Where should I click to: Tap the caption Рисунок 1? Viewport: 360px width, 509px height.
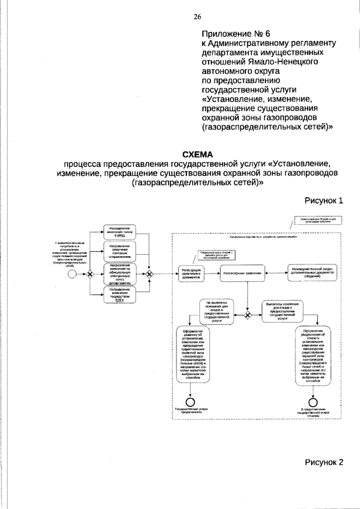point(324,201)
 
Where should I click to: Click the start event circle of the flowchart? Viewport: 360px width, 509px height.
point(72,274)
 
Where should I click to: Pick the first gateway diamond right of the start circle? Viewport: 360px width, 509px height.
point(89,274)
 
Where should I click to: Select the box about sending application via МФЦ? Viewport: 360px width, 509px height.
point(119,232)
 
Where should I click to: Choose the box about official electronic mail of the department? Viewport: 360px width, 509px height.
point(119,274)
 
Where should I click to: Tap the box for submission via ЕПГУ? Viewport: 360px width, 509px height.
point(119,295)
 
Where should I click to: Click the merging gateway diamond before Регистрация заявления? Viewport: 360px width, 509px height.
point(149,274)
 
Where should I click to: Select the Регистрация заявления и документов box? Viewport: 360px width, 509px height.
point(191,274)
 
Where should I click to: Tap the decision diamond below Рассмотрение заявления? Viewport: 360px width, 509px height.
point(247,315)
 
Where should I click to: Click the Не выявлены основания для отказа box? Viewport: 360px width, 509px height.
point(217,313)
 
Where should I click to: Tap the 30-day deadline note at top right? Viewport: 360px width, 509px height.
point(319,221)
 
